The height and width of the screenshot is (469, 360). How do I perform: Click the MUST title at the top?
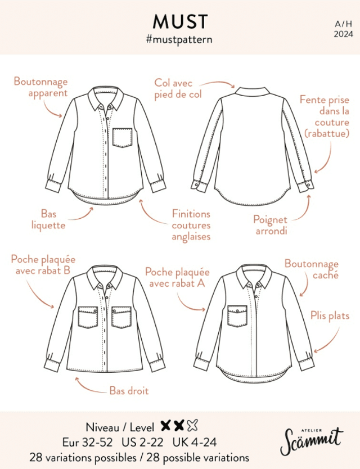(x=180, y=21)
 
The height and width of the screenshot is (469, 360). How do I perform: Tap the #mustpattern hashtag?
(x=179, y=39)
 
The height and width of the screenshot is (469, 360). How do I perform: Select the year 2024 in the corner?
(x=344, y=34)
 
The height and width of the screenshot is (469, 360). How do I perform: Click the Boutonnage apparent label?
(x=40, y=87)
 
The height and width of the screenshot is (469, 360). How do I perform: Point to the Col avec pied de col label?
(x=178, y=88)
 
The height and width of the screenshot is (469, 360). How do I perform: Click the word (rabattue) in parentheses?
(x=327, y=133)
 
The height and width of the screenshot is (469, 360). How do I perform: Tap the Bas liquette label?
(x=48, y=219)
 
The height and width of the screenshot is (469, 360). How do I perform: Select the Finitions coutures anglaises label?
(x=191, y=226)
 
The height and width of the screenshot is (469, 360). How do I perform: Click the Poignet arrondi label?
(x=271, y=225)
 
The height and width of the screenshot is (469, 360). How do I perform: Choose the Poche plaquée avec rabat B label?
(x=43, y=265)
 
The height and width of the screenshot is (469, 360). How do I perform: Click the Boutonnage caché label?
(x=312, y=269)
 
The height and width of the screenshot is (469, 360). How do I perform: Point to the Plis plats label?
(x=330, y=315)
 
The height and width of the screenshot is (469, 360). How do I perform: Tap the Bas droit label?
(x=129, y=391)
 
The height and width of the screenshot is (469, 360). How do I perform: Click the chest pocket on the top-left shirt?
(x=123, y=138)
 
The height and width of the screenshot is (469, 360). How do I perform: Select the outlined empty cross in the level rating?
(x=192, y=425)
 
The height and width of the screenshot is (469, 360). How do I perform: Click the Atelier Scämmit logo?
(x=312, y=441)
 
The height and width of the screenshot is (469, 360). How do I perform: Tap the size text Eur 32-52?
(x=88, y=442)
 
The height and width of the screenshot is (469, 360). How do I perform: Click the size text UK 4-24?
(x=195, y=442)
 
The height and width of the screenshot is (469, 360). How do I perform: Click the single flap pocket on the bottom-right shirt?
(x=237, y=316)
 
